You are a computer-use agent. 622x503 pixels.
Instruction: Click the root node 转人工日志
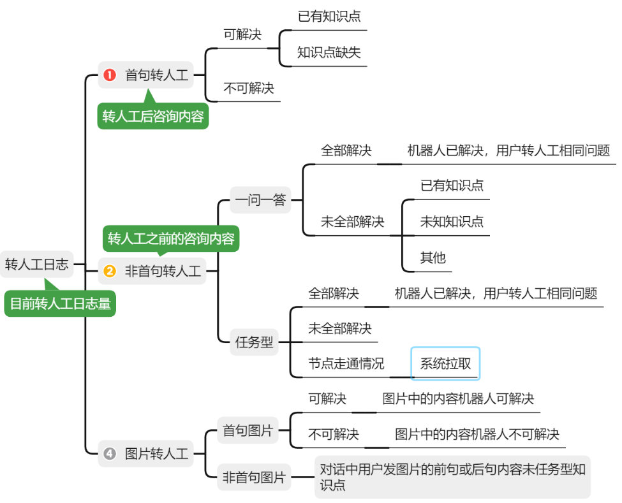point(36,264)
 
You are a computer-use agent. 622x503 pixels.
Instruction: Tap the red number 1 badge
point(110,76)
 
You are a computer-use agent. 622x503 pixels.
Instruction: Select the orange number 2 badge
point(110,272)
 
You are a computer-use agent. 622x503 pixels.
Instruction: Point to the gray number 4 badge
point(110,454)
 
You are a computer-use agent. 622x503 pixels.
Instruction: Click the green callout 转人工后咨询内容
point(153,117)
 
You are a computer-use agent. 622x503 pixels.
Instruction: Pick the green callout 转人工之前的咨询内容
point(171,239)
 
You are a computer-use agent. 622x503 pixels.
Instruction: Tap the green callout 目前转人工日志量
point(61,303)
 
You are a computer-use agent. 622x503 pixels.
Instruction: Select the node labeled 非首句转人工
point(162,272)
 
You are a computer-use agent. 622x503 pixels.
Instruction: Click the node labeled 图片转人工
point(156,454)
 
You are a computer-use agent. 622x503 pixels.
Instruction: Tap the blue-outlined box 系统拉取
point(445,364)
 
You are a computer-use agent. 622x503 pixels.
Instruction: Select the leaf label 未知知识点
point(452,222)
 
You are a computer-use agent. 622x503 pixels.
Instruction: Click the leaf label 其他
point(433,258)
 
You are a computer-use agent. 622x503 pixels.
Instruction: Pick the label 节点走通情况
point(346,364)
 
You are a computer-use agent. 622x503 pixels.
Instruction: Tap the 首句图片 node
point(247,431)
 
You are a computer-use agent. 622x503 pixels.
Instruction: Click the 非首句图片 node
point(253,477)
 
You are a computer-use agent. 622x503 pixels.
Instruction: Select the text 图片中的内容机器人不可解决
point(477,435)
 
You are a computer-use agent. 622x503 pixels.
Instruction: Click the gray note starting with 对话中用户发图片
point(452,477)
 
